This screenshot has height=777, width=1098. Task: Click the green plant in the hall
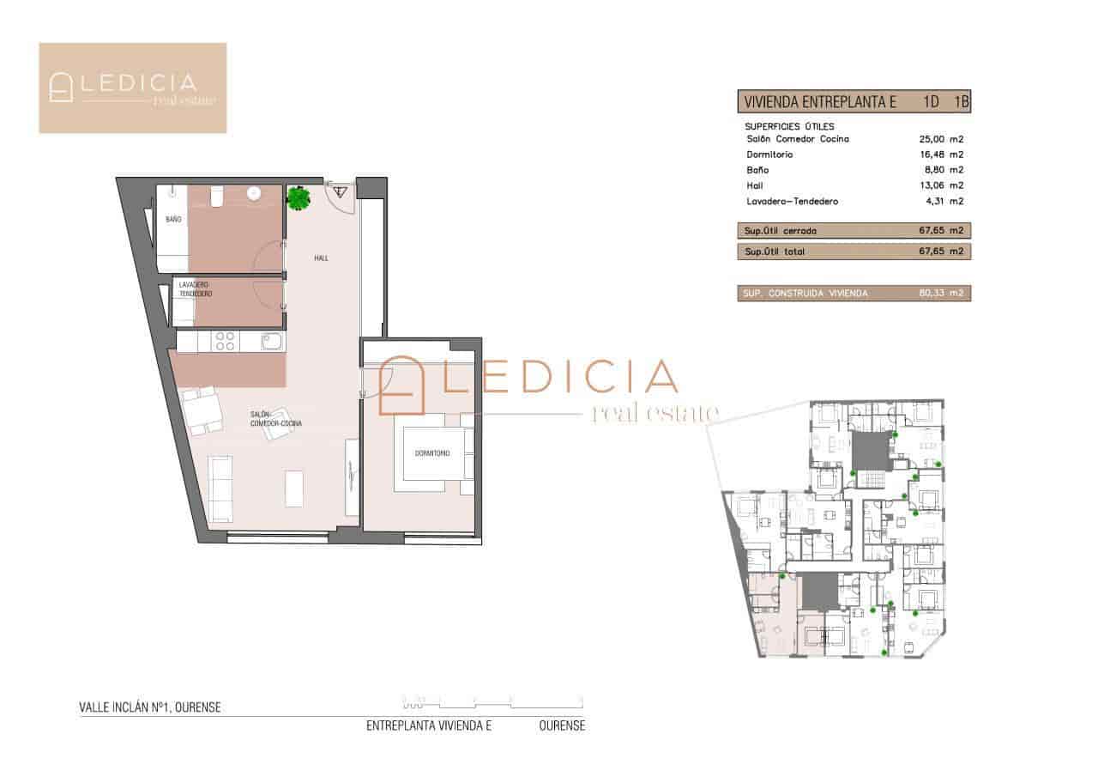click(x=299, y=198)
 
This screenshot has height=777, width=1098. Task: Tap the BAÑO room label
click(x=173, y=220)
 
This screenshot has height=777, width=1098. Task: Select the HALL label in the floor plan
click(x=320, y=258)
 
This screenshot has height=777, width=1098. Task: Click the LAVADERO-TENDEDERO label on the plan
click(x=195, y=289)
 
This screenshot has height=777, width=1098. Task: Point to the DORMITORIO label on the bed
click(x=431, y=453)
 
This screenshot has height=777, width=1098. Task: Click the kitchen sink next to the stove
click(x=271, y=343)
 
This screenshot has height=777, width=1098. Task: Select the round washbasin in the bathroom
click(x=254, y=194)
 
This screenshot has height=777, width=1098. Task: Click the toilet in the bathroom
click(x=218, y=197)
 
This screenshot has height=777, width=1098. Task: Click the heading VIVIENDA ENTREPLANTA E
click(x=820, y=102)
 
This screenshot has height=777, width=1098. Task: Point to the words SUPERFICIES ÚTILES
click(x=789, y=126)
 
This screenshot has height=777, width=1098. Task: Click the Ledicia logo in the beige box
click(x=133, y=88)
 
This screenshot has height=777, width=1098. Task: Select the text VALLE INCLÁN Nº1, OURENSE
click(x=150, y=708)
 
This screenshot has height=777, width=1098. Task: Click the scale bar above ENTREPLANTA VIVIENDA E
click(x=492, y=701)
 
